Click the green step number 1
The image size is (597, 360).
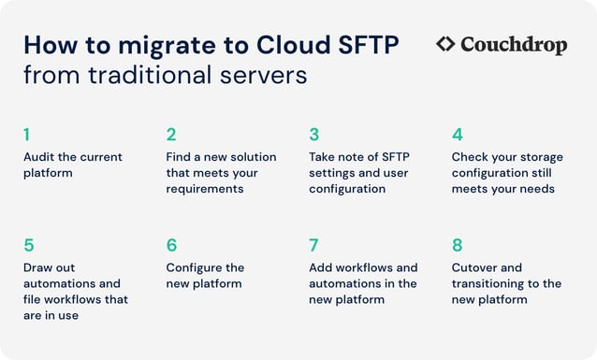point(26,135)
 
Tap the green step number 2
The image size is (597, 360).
point(171,135)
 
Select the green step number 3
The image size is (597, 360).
point(314,135)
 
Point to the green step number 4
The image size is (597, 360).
point(457,135)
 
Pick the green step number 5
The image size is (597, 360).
point(29,245)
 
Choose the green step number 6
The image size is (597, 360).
point(171,245)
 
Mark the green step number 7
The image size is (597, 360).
point(314,245)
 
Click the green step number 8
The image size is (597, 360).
point(457,245)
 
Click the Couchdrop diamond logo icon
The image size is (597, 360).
point(446,44)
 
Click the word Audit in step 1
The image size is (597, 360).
point(38,157)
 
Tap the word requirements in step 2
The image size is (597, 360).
point(205,189)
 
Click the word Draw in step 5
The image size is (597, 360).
point(38,267)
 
